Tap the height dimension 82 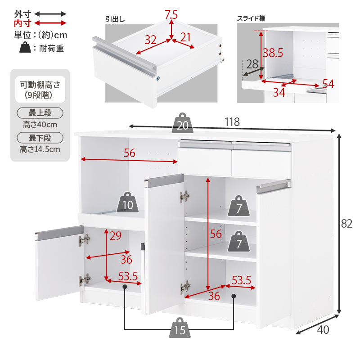[x=346, y=224]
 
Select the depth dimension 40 [x=323, y=330]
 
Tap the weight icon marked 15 [x=180, y=329]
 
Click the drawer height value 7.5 [x=171, y=14]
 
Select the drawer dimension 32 [x=150, y=40]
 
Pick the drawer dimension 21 [x=186, y=37]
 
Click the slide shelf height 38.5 [x=273, y=53]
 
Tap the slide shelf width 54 [x=328, y=83]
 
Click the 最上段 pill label [x=40, y=113]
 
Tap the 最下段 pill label [x=40, y=138]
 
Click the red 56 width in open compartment [x=129, y=153]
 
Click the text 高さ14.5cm [x=40, y=149]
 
